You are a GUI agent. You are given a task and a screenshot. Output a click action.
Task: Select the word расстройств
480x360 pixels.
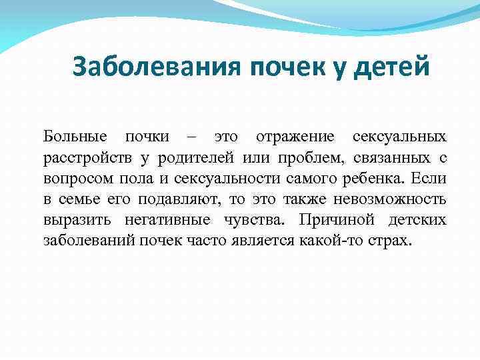88,159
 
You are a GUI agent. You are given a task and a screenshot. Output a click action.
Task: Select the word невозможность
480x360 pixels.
390,199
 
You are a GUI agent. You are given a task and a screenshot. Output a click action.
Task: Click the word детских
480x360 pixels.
419,220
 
